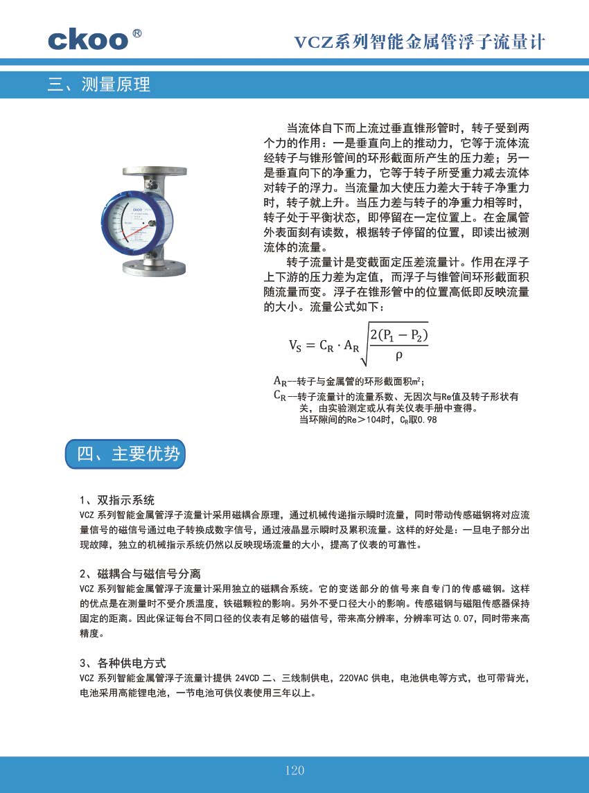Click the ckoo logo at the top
click(88, 39)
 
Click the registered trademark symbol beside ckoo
click(138, 33)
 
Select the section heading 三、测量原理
click(99, 85)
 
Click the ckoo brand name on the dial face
click(133, 206)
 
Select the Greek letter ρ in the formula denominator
click(398, 356)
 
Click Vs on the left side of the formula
click(295, 345)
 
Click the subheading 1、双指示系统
click(117, 500)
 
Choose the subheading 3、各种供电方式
click(123, 663)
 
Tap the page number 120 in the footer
click(294, 770)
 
